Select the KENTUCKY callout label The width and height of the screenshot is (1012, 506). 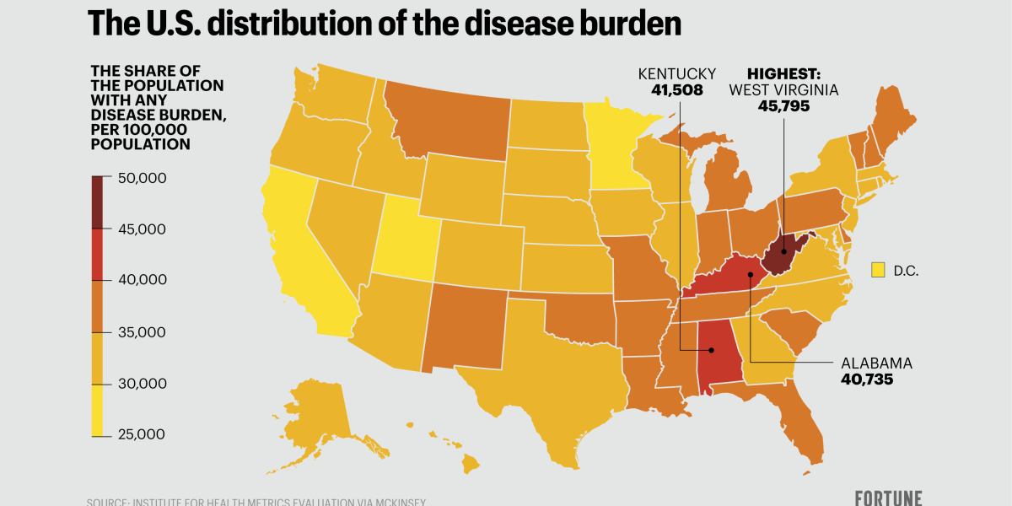(x=676, y=73)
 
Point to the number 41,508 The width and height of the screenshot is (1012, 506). (x=676, y=89)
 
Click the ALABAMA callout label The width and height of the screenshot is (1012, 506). (x=876, y=363)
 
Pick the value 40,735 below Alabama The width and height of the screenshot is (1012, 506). (x=867, y=379)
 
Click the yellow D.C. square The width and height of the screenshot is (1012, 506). (x=877, y=270)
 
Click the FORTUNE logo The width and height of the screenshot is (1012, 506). (x=888, y=498)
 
